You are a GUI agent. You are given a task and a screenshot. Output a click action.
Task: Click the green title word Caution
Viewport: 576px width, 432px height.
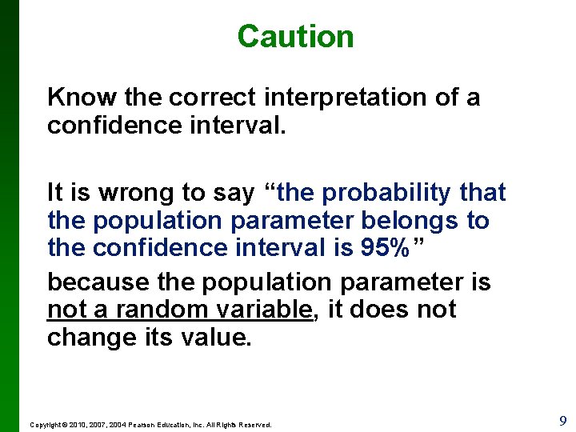click(x=295, y=37)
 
